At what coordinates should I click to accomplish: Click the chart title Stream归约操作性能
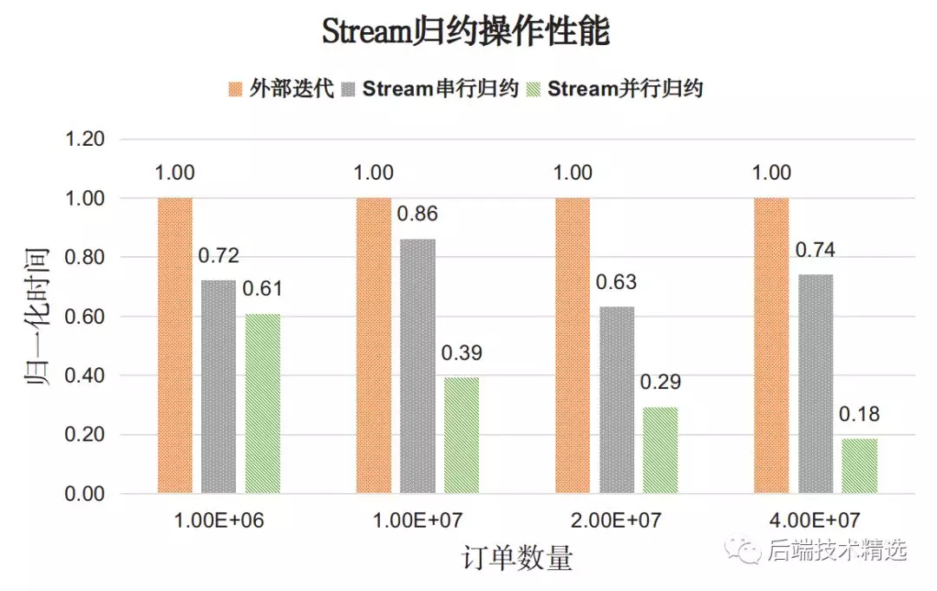tap(466, 32)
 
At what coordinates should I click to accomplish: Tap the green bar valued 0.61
tap(263, 404)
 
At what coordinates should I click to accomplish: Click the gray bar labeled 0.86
tap(417, 366)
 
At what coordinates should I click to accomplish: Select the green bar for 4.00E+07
tap(859, 466)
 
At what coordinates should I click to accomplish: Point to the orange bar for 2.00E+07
tap(573, 345)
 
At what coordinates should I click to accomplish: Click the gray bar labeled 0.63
tap(617, 400)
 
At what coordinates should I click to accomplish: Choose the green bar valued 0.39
tap(462, 436)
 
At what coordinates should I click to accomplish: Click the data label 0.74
tap(816, 251)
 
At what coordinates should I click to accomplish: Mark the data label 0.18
tap(859, 415)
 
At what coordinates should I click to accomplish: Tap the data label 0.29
tap(660, 382)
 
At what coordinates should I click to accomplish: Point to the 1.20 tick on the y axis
tap(85, 139)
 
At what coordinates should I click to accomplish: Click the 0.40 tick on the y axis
tap(85, 376)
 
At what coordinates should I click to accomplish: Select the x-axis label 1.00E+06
tap(219, 521)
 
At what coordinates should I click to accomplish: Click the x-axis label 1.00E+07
tap(417, 521)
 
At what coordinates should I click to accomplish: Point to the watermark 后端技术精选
tap(836, 549)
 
